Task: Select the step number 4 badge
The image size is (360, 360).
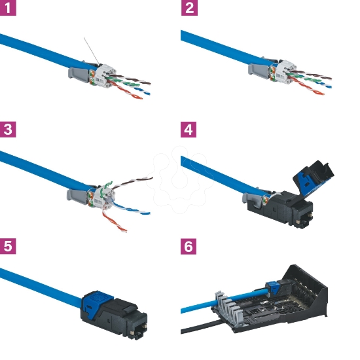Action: coord(189,129)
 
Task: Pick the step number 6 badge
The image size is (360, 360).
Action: coord(189,247)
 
